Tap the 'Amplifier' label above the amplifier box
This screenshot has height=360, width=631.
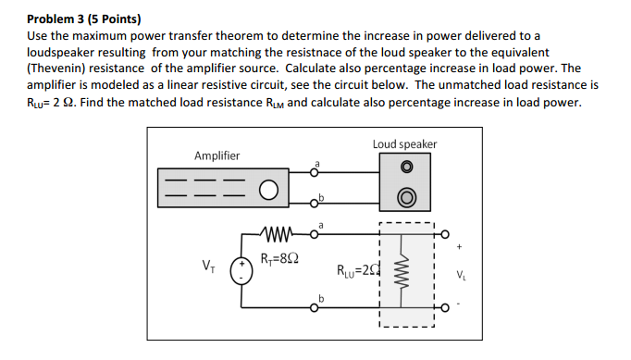(217, 155)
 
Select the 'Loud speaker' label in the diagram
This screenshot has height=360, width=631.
(404, 143)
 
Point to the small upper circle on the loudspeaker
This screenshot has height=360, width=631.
(405, 168)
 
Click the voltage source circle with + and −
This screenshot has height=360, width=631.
(242, 267)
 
